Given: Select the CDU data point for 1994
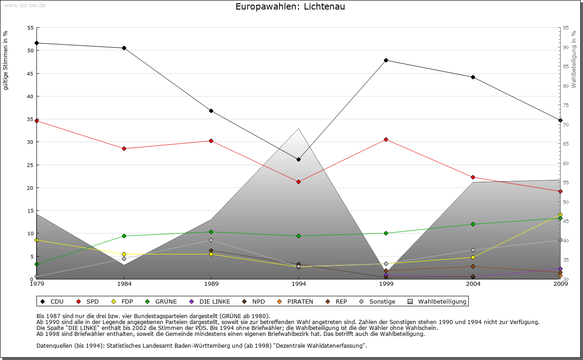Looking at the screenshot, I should pos(298,159).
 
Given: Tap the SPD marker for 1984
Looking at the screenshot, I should pos(124,148).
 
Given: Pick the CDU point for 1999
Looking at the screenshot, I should pos(386,60).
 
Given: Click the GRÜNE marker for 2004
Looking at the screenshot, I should pos(473,224).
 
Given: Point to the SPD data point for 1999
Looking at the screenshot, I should pos(386,139).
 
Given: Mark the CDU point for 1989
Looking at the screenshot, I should pos(211,111).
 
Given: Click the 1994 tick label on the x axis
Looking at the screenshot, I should pos(299,284).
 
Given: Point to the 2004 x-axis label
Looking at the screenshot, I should pos(473,284).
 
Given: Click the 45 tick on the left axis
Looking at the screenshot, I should pos(31,73).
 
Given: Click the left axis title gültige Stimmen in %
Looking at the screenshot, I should pos(6,60).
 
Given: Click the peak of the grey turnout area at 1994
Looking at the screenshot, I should pos(298,129).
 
